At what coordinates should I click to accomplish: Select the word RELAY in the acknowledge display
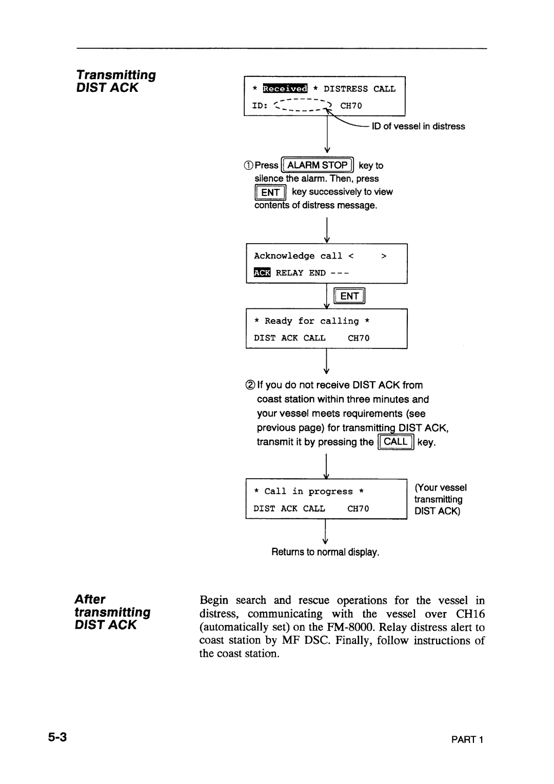coord(290,273)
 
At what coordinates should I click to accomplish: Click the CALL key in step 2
coord(395,442)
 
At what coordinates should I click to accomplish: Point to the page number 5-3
coord(58,738)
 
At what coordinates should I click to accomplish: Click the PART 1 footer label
coord(471,739)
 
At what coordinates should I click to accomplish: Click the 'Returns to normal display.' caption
coord(325,553)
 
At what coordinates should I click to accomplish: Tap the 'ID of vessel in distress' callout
coord(419,126)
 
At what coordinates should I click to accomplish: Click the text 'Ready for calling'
coord(312,321)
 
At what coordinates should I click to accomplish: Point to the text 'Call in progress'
coord(309,492)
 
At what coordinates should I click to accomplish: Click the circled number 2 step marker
coord(250,385)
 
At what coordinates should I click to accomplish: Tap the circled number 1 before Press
coord(249,166)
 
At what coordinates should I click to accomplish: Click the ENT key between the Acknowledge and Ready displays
coord(349,296)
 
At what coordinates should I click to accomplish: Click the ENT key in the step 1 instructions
coord(270,192)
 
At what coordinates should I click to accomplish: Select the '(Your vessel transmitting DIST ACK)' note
coord(440,499)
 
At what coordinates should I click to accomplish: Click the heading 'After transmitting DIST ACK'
coord(112,612)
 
